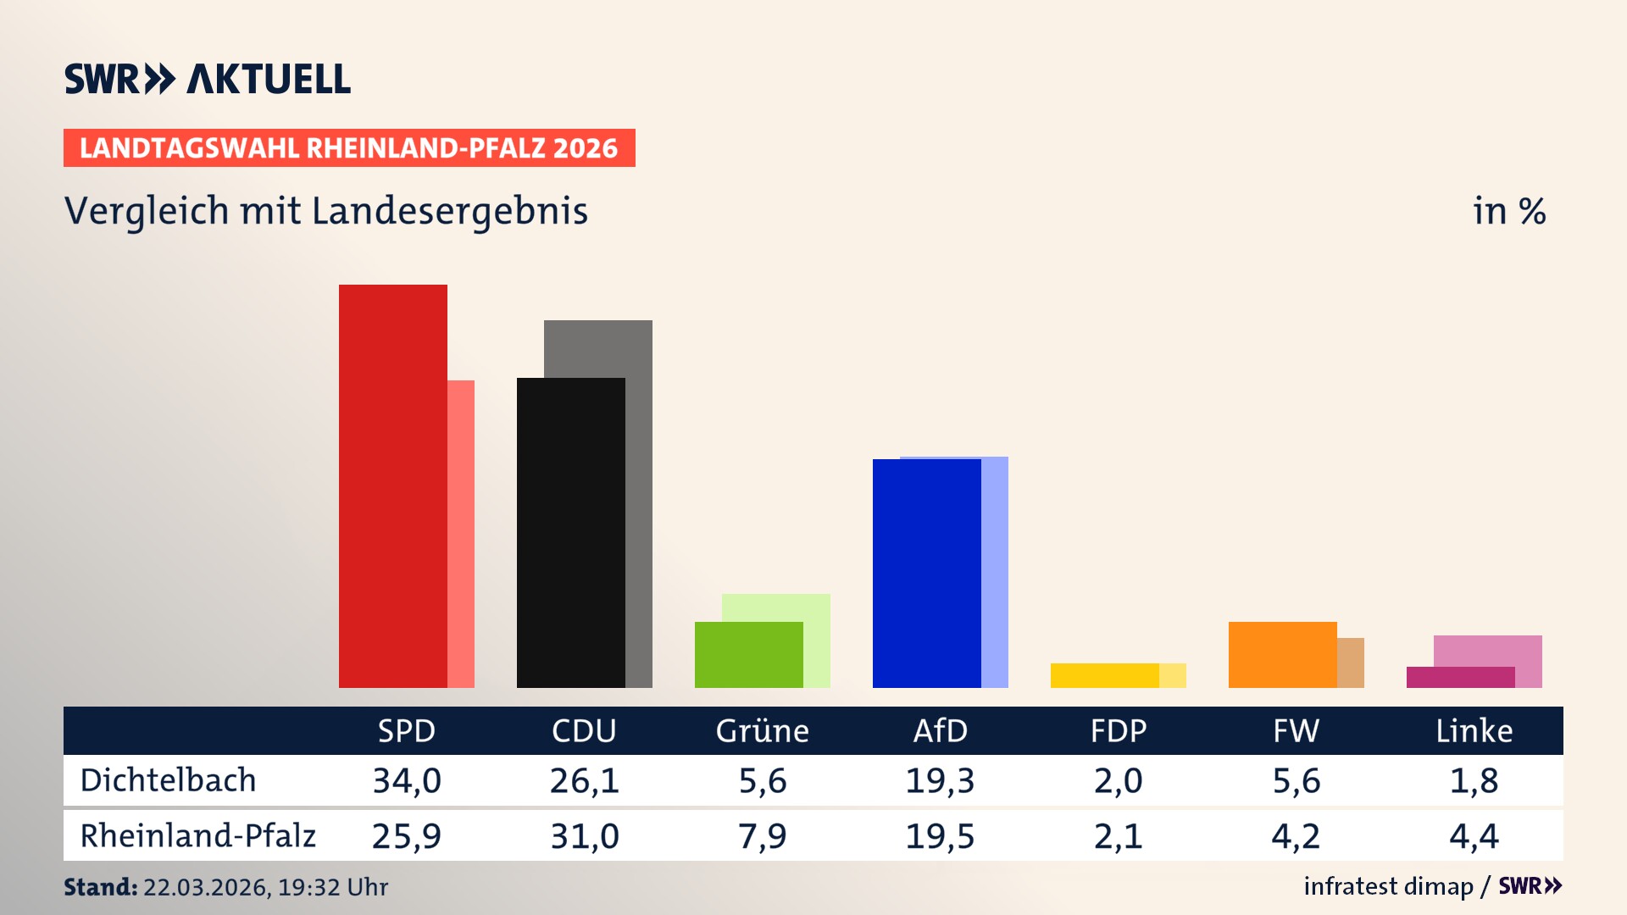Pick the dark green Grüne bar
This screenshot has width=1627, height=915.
[748, 654]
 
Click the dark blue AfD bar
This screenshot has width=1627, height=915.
[926, 573]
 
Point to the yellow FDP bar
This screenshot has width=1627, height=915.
[1104, 675]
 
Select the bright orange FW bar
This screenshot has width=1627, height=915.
[1282, 654]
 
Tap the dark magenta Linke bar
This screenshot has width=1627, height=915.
[1460, 677]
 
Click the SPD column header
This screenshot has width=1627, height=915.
[407, 730]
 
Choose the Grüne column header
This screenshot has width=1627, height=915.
[762, 730]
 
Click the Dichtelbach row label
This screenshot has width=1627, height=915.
[168, 780]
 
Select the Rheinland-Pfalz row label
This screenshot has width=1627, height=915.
[197, 835]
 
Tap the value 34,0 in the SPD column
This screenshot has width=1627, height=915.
[407, 780]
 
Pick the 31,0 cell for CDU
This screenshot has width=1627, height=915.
[585, 836]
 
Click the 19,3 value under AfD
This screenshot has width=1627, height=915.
[940, 780]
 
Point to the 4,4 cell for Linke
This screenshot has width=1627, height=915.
[1474, 836]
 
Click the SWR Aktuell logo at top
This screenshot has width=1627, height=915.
[208, 79]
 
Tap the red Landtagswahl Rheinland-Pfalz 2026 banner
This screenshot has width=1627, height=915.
[349, 148]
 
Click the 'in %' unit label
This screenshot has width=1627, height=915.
[1509, 211]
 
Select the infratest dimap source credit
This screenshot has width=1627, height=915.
[1388, 886]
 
